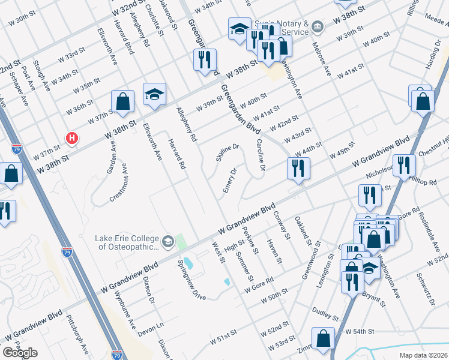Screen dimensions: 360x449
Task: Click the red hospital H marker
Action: tap(72, 139)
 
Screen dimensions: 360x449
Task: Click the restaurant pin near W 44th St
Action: tap(298, 167)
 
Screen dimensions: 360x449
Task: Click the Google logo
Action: tap(20, 352)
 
